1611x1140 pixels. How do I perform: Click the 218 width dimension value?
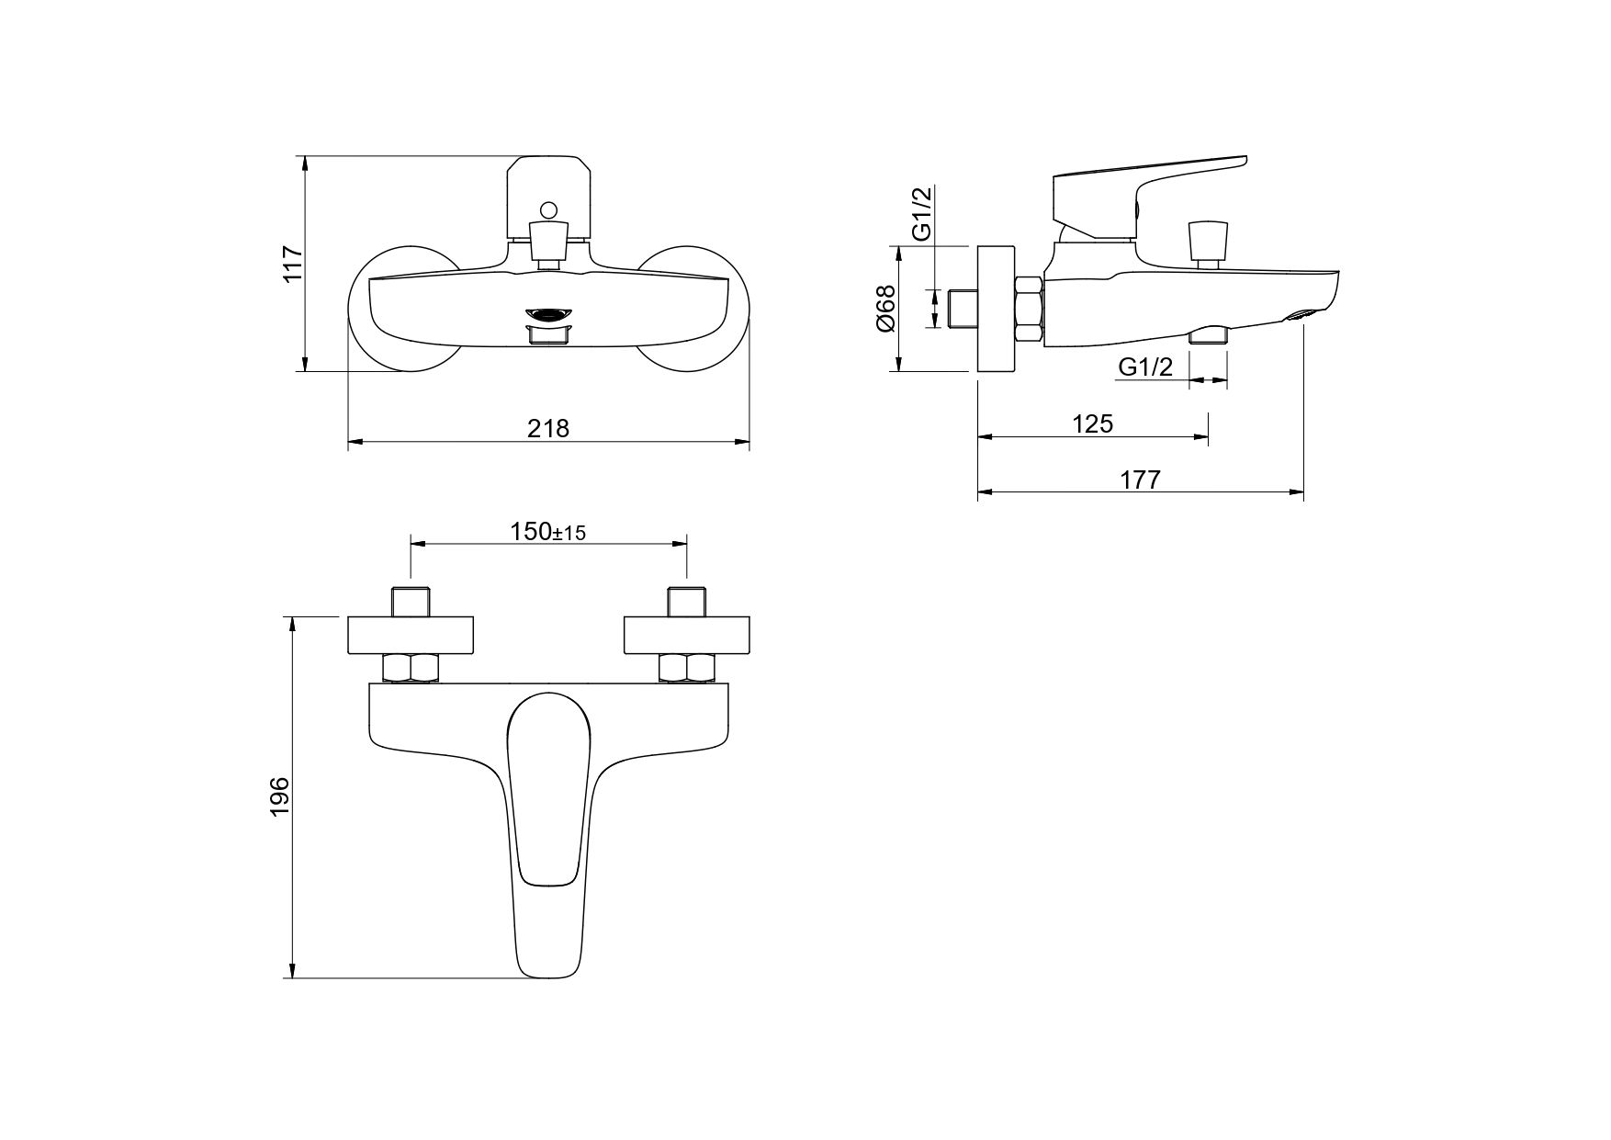click(x=548, y=428)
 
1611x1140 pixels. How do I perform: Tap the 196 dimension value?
click(x=280, y=795)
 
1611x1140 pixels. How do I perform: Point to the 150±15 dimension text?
click(x=548, y=532)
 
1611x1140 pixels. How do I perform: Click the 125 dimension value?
click(x=1092, y=423)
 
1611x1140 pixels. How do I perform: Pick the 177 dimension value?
click(x=1140, y=480)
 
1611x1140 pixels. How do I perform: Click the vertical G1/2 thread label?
click(x=922, y=213)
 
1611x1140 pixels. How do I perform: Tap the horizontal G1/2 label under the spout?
click(x=1145, y=367)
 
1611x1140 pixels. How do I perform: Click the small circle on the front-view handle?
click(x=549, y=210)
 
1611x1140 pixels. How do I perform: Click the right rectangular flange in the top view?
click(x=687, y=635)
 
